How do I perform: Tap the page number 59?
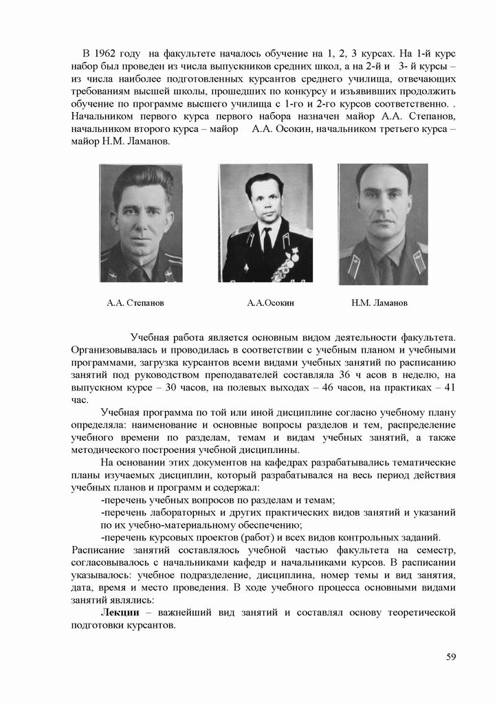tap(451, 656)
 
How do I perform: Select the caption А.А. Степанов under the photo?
tap(135, 302)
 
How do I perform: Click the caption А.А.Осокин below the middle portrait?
tap(271, 302)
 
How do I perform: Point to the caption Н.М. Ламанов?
tap(379, 302)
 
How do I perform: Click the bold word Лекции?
tap(120, 612)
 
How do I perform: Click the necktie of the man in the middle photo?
tap(267, 241)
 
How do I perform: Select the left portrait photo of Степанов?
tap(140, 223)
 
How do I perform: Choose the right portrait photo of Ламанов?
tap(383, 224)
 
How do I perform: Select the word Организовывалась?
tap(110, 350)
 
